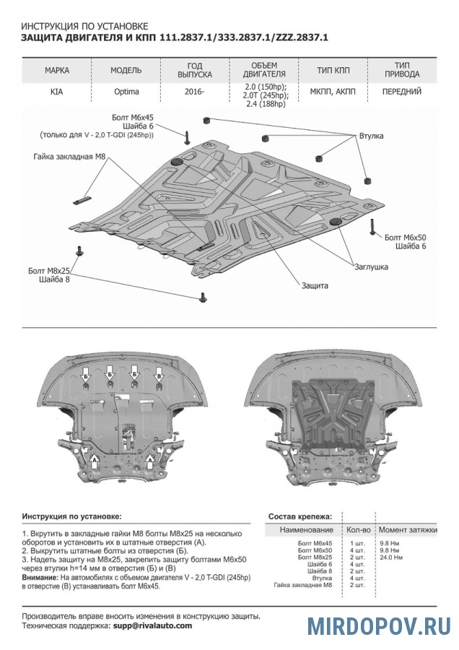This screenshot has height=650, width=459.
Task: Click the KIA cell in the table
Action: click(56, 92)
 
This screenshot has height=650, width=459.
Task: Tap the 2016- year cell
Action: click(194, 92)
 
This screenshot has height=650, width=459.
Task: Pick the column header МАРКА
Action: click(57, 71)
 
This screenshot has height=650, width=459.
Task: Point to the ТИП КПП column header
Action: click(333, 71)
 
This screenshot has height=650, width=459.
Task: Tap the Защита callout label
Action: click(315, 285)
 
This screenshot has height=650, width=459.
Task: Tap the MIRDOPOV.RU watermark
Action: click(379, 625)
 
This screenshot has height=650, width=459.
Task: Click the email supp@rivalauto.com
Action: click(152, 625)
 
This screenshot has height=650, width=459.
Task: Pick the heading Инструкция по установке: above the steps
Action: click(71, 516)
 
